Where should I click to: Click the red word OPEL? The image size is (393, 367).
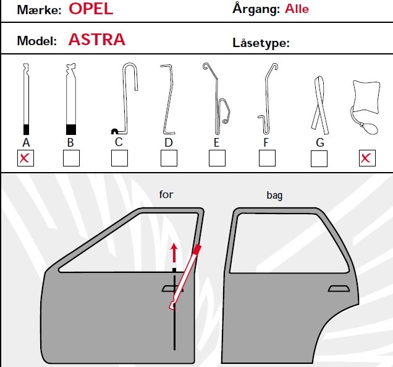pos(91,9)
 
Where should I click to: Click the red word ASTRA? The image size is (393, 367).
pos(97,40)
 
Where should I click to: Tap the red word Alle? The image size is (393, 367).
pos(297,9)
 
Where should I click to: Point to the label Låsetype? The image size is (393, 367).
pos(261,43)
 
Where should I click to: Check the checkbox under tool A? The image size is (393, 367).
pos(25,158)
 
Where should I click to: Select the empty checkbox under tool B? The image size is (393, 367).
pos(71,158)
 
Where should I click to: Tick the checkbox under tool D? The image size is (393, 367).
pos(169,158)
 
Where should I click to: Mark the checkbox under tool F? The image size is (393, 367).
pos(267,158)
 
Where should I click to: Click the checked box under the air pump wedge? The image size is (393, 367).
pos(367,158)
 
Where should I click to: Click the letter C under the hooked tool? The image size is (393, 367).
pos(119,142)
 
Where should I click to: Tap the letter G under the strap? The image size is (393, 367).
pos(320,142)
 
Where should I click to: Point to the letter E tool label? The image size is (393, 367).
pos(216,142)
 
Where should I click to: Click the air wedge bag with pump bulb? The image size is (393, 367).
pos(366,107)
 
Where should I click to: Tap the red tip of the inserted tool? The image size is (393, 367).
pos(197,250)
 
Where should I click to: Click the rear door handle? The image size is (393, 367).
pos(339,288)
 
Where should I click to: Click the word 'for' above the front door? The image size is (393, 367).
pos(166,194)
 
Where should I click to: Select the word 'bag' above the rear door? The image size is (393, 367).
pos(274,196)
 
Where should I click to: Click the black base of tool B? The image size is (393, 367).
pos(71,129)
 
